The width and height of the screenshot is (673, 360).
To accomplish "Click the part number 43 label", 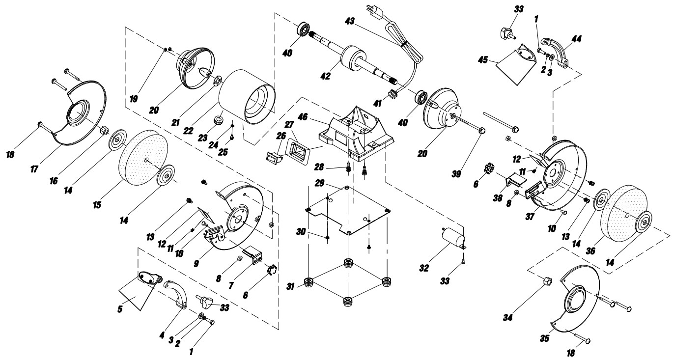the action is (350, 21).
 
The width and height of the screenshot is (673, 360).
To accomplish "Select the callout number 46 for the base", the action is (303, 116).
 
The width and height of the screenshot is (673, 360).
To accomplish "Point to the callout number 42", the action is (325, 76).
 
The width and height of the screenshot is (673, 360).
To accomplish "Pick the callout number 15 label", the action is (97, 205).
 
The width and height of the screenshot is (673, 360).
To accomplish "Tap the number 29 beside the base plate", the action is (319, 183).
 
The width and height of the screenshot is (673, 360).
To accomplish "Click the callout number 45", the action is (483, 60).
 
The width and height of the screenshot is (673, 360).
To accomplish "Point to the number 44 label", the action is (576, 39).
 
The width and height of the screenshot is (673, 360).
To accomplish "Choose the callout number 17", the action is (34, 169).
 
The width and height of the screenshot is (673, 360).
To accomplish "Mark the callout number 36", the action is (590, 250).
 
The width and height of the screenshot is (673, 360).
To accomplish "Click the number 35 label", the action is (545, 338).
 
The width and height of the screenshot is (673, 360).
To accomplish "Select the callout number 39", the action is (456, 174).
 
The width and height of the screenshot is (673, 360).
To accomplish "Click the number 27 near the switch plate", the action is (289, 125).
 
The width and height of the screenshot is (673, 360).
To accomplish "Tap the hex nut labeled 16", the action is (103, 131).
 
